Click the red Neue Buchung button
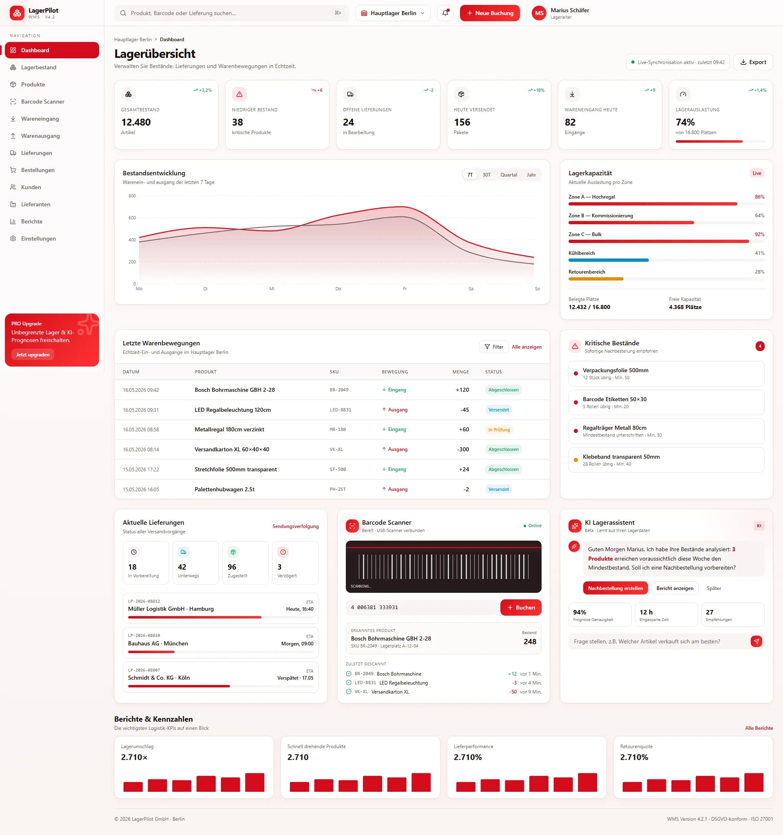click(489, 13)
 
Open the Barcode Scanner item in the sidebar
click(42, 102)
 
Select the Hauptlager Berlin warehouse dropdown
click(393, 13)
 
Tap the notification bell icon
click(445, 13)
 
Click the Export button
click(753, 62)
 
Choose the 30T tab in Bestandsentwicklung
click(486, 175)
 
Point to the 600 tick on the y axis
click(132, 218)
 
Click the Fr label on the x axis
click(405, 289)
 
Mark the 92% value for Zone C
click(759, 234)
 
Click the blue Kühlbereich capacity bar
click(608, 261)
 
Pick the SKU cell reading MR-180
click(337, 430)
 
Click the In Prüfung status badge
click(499, 430)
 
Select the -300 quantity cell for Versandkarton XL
click(463, 449)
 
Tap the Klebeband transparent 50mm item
click(666, 460)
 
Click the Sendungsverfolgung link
click(295, 526)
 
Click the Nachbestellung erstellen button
click(615, 588)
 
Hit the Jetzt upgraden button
click(33, 354)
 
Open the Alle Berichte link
click(759, 728)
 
